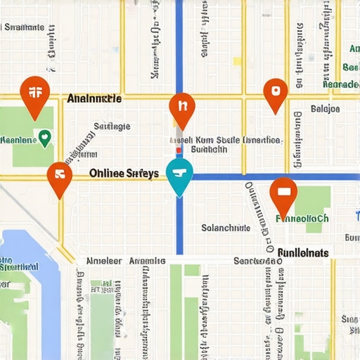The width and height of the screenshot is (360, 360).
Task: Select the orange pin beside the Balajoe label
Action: (x=275, y=93)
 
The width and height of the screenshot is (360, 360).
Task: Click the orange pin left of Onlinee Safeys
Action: (x=60, y=176)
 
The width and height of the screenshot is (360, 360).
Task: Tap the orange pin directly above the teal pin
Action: (x=181, y=109)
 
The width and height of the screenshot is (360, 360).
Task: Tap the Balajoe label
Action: (x=325, y=109)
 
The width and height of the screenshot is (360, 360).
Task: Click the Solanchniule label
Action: (x=226, y=228)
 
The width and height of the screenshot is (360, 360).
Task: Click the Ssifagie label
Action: (x=112, y=127)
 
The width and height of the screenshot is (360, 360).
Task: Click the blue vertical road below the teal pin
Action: (x=179, y=225)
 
